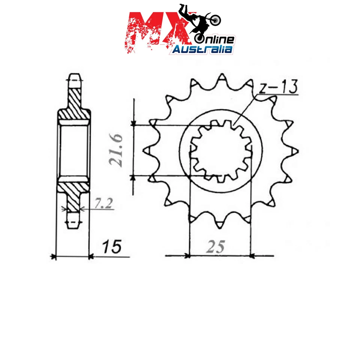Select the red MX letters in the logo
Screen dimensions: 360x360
154,32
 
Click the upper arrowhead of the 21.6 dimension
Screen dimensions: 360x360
133,123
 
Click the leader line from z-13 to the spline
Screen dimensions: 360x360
246,109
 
